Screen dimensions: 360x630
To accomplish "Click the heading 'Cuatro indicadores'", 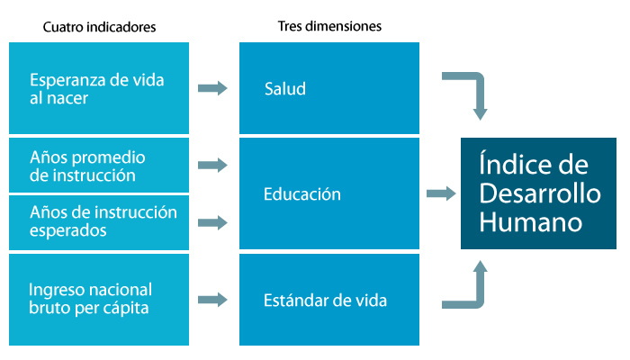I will click(x=99, y=27).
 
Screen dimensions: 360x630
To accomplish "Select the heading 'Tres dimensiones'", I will click(x=329, y=27).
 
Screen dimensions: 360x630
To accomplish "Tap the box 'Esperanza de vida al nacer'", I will click(x=99, y=88).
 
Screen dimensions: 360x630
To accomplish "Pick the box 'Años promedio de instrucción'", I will click(x=99, y=166).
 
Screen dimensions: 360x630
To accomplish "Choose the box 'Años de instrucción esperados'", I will click(x=99, y=221).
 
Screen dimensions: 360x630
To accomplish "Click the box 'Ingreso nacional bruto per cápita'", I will click(x=99, y=300).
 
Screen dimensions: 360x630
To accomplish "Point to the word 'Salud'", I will click(x=285, y=88).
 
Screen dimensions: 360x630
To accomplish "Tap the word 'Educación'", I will click(x=302, y=193).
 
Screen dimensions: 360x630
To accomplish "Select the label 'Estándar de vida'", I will click(x=326, y=300).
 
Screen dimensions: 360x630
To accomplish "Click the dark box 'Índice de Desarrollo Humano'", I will click(x=538, y=193).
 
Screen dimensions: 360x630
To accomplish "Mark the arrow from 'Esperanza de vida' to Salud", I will click(x=212, y=88).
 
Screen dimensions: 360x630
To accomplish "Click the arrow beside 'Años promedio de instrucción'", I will click(x=212, y=166).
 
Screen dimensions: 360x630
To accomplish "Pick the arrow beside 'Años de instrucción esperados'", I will click(x=212, y=221).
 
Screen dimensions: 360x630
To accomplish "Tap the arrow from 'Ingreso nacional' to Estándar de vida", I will click(x=212, y=300).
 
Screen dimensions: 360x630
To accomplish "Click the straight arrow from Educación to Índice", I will click(x=440, y=193).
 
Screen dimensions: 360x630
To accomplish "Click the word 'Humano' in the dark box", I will click(x=530, y=221).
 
